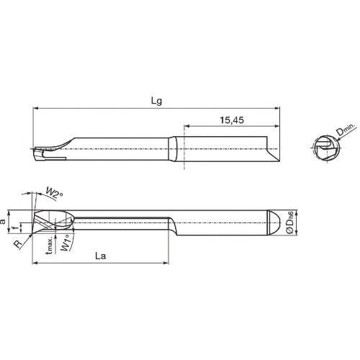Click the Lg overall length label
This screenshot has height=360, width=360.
156,102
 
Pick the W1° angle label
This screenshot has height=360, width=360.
66,244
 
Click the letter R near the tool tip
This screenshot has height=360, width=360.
18,243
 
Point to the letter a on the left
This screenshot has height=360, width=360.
4,223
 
